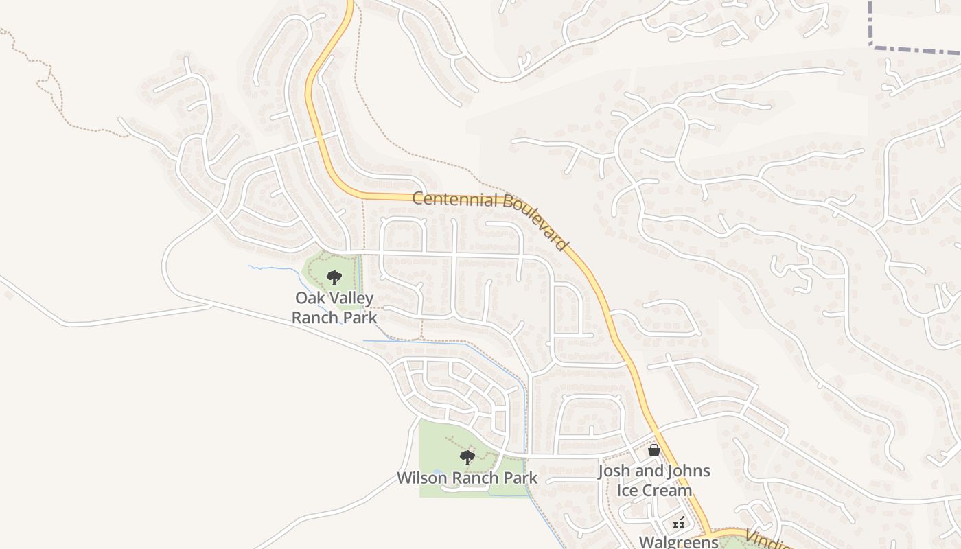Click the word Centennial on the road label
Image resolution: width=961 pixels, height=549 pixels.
tap(454, 200)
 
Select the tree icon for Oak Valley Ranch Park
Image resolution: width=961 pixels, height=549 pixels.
tap(334, 278)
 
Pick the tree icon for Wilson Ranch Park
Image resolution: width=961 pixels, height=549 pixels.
tap(467, 457)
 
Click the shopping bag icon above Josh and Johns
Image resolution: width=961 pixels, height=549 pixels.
tap(654, 450)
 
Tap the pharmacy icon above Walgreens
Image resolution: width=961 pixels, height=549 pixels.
tap(679, 523)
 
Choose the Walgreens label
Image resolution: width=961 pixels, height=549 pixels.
tap(678, 541)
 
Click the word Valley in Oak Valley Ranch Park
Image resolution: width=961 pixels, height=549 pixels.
tap(351, 299)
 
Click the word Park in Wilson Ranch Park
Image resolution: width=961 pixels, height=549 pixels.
tap(521, 478)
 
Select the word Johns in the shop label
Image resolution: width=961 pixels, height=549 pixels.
tap(688, 471)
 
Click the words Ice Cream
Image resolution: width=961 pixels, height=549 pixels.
tap(654, 491)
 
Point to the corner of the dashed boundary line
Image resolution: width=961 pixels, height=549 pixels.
tap(871, 45)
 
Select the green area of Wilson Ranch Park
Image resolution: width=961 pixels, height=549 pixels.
tap(436, 439)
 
